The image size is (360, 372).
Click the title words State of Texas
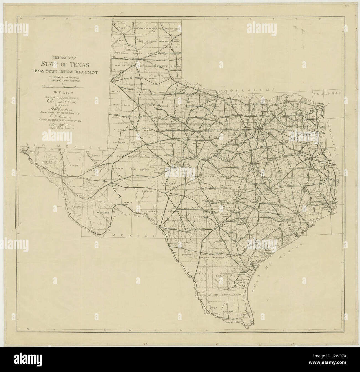tap(65, 65)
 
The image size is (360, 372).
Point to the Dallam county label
tap(122, 28)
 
